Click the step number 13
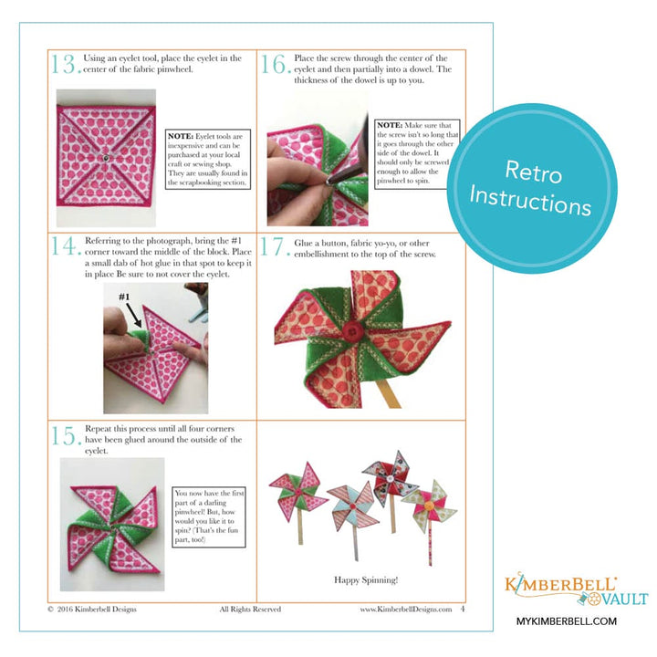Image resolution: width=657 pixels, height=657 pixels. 64,64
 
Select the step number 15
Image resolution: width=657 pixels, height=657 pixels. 64,436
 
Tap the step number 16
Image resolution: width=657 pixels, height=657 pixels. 275,64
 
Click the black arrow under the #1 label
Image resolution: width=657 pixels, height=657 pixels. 133,316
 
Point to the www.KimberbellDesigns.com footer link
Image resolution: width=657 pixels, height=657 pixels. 405,610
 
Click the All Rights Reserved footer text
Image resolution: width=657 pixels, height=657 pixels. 250,610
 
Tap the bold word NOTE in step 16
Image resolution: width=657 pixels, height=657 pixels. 390,124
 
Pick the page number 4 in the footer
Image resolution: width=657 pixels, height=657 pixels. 463,610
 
